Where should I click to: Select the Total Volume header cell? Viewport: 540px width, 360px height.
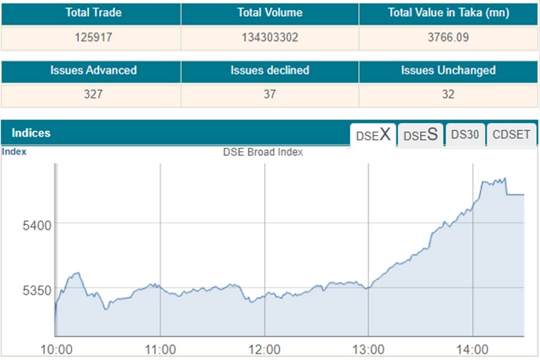click(269, 13)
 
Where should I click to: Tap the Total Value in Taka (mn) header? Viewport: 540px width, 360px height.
click(448, 13)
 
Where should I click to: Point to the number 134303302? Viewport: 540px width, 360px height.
click(269, 37)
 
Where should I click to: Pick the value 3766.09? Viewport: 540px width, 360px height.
click(448, 37)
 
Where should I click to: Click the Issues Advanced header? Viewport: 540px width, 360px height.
click(93, 70)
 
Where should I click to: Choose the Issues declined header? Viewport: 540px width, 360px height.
click(269, 70)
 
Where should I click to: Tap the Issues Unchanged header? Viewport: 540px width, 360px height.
click(448, 70)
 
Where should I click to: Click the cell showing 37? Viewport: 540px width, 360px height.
click(269, 95)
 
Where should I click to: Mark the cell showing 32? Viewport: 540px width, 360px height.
click(448, 95)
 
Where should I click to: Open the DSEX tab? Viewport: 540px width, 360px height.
click(373, 134)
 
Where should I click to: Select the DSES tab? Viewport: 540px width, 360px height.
click(420, 134)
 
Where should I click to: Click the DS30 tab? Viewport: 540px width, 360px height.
click(465, 134)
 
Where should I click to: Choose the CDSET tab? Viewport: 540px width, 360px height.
click(511, 134)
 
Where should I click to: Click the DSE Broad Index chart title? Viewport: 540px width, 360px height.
click(263, 152)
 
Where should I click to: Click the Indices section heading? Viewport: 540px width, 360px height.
click(31, 133)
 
